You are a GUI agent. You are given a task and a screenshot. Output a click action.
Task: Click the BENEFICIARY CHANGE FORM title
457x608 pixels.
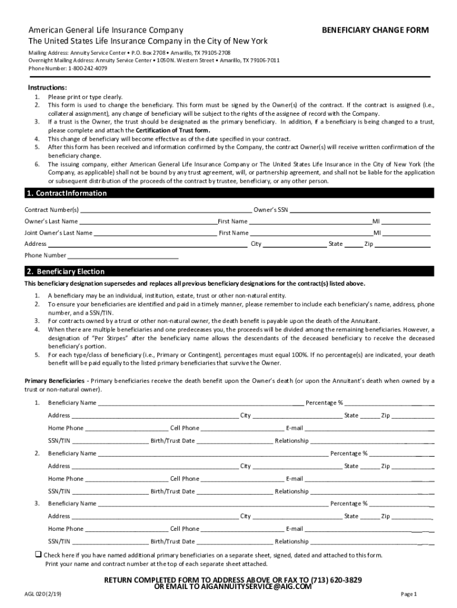[x=375, y=30]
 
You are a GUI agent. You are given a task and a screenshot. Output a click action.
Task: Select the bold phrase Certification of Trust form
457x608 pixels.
[x=173, y=130]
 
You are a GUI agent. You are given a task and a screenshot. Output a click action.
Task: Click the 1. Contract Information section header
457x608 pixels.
[x=66, y=194]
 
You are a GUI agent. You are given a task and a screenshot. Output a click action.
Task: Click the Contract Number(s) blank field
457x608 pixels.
[x=165, y=210]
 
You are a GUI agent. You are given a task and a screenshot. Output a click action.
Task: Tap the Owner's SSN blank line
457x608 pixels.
[x=360, y=210]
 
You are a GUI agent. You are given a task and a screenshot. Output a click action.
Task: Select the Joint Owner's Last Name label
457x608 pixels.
[x=58, y=233]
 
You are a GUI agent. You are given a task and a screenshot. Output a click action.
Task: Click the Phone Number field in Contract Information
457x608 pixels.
[x=123, y=256]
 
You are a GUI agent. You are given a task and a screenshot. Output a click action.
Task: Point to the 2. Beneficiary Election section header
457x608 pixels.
[x=65, y=271]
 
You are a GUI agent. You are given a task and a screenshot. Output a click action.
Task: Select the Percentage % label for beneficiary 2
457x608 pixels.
[x=348, y=454]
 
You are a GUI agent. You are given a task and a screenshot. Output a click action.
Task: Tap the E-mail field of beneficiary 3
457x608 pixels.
[x=368, y=529]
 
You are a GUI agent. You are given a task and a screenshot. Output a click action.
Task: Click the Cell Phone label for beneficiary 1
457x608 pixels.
[x=185, y=428]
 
